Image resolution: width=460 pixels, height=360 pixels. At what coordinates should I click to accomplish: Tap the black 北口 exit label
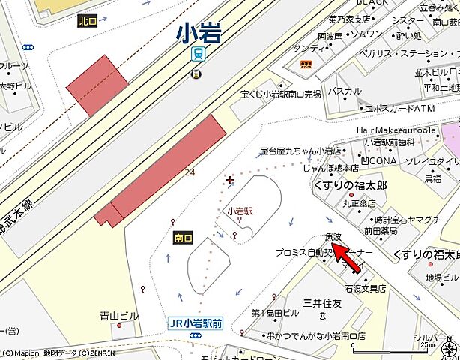coord(88,21)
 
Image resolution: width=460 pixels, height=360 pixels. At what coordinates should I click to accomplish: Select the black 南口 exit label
coord(183,238)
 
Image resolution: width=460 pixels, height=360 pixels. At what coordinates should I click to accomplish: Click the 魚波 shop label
coord(333,237)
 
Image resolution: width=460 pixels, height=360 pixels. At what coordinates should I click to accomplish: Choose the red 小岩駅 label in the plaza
coord(239,211)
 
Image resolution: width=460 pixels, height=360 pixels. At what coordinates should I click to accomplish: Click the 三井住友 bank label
coord(323,303)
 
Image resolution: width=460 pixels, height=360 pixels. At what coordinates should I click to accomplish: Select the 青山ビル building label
coord(120,316)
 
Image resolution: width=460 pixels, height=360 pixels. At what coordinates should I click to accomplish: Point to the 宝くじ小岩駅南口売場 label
coord(281,94)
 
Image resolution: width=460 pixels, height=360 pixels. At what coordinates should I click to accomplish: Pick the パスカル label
coord(345,91)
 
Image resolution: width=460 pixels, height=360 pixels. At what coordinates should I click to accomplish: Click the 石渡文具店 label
coord(365,288)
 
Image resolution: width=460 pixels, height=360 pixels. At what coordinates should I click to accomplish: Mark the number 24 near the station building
coord(190,172)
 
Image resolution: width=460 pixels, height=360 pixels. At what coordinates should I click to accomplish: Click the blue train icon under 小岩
coord(198,53)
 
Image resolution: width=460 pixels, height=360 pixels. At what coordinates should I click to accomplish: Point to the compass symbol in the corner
coord(448,349)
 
